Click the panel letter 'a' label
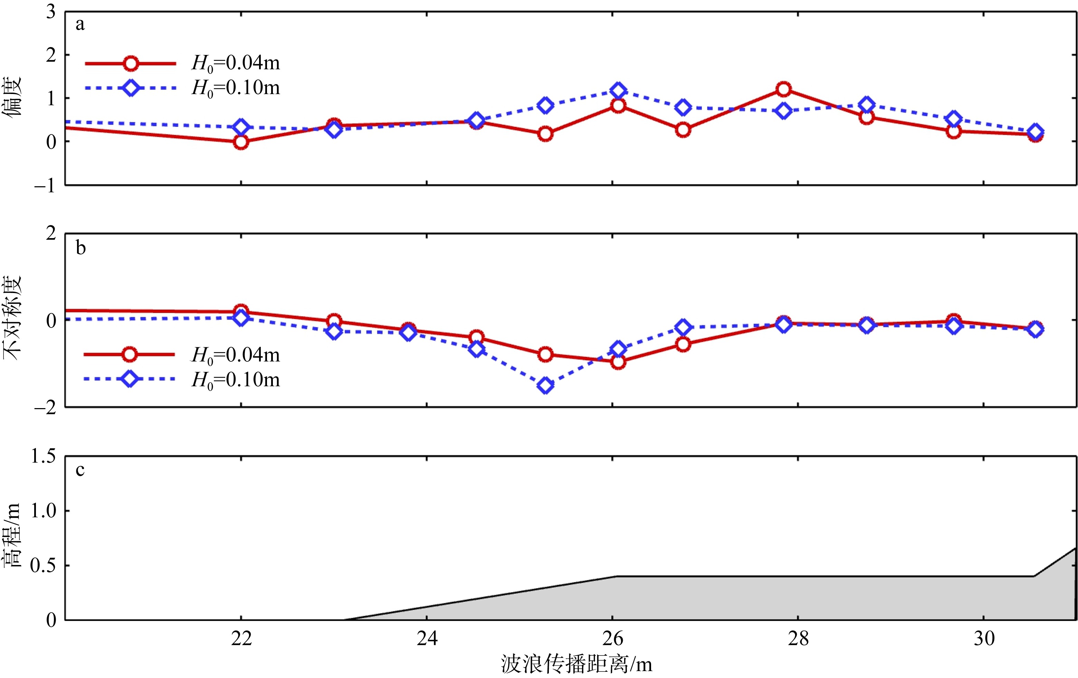coord(80,25)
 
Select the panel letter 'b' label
coord(80,248)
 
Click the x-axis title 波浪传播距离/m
coord(576,664)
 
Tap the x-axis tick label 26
coord(612,639)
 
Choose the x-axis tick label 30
coord(984,639)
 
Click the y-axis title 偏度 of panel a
coord(12,96)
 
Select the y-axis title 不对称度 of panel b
coord(12,318)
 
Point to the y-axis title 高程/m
coord(12,536)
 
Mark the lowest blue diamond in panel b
coord(545,385)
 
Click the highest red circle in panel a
coord(783,89)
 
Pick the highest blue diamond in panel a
coord(618,91)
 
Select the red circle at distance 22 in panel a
coord(241,142)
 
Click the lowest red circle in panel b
coord(618,361)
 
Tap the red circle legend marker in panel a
coord(131,64)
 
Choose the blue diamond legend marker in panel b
coord(130,379)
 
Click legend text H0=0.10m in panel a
coord(236,88)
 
